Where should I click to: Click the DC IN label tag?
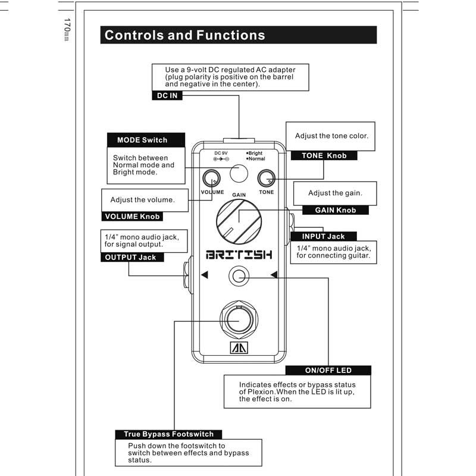[167, 96]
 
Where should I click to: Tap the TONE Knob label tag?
[324, 155]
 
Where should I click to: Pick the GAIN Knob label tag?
[336, 210]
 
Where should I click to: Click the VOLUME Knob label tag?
[132, 217]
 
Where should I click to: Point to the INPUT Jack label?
[324, 236]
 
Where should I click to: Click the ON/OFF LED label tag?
[328, 370]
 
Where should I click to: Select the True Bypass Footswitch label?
[168, 434]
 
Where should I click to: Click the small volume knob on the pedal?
[211, 178]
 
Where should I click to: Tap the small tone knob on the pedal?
[266, 178]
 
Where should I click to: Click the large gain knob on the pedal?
[239, 221]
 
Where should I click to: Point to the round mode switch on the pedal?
[239, 173]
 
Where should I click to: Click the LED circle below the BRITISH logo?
[239, 276]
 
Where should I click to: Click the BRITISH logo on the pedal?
[239, 255]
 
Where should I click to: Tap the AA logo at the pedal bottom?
[239, 348]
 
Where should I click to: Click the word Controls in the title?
[134, 35]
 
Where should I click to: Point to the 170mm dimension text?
[67, 29]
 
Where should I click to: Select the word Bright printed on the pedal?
[255, 154]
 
